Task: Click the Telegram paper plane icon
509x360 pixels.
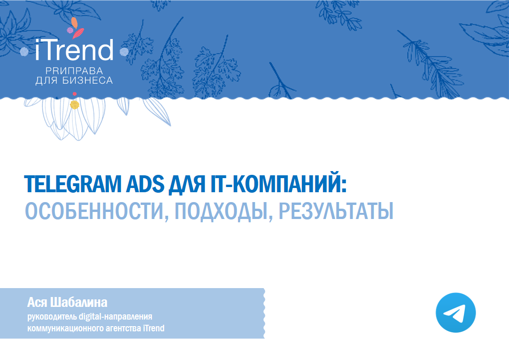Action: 455,313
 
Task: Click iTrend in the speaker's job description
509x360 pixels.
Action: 153,328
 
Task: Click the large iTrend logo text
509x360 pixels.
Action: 74,50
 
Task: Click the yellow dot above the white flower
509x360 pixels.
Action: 74,105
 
